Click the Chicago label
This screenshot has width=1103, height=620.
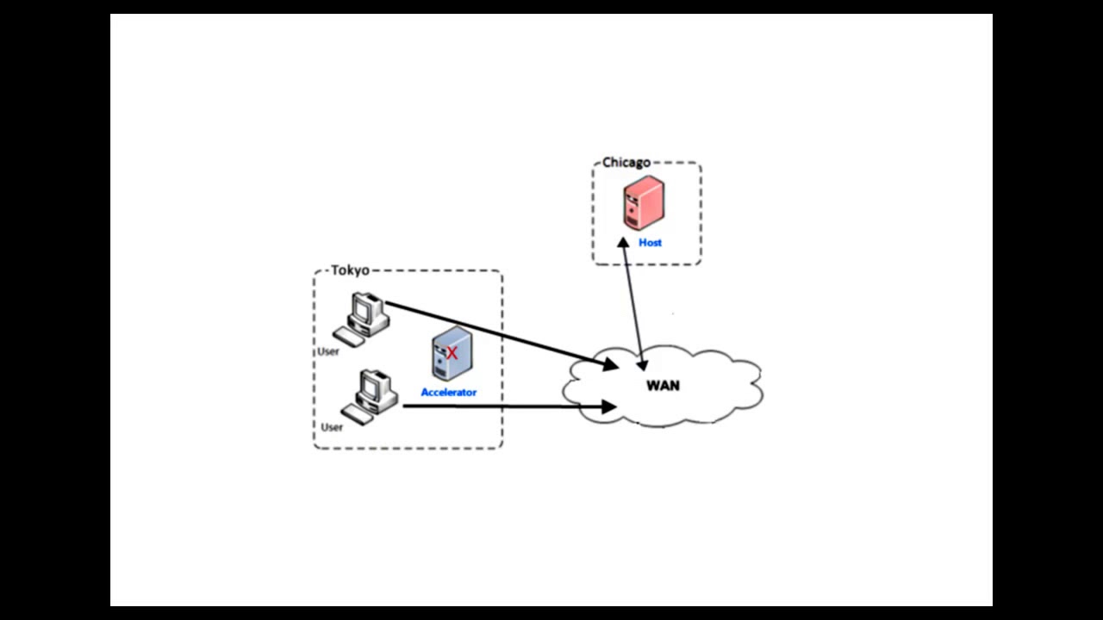pos(626,163)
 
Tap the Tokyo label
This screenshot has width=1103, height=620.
pos(350,270)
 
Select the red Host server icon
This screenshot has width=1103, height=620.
pos(644,202)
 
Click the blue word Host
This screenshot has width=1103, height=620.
pos(650,243)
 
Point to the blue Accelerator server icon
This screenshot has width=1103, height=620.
pos(451,354)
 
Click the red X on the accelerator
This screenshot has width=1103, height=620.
pos(452,352)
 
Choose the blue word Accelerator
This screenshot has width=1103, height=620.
pos(448,393)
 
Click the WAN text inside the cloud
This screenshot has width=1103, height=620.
pos(663,386)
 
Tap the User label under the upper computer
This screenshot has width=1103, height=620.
pos(328,351)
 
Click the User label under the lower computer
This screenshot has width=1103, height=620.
pos(332,427)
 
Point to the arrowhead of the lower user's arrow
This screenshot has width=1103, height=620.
pos(609,406)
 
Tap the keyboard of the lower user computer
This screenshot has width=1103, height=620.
pos(357,412)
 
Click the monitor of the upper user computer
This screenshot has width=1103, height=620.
pos(367,308)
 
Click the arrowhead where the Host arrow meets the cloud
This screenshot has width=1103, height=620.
pos(641,364)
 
